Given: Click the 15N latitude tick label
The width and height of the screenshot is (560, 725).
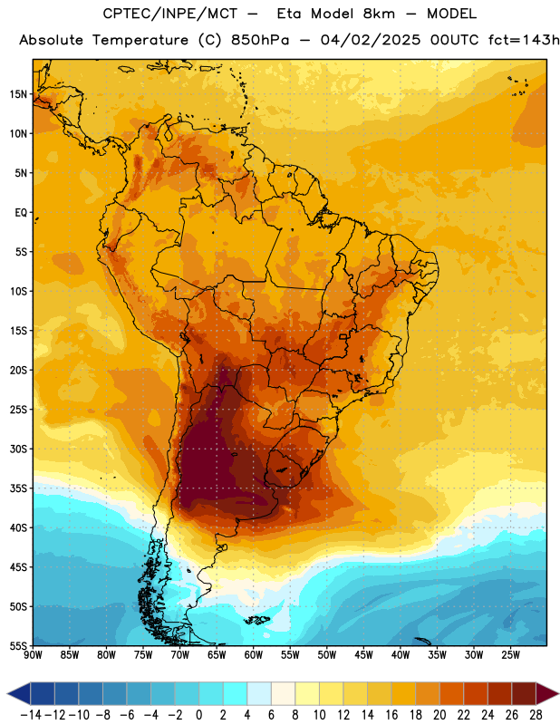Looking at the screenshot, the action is coord(18,94).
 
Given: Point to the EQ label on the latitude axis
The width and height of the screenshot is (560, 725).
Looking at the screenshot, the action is coord(21,213).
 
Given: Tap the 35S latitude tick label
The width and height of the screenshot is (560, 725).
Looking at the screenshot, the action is coord(18,488).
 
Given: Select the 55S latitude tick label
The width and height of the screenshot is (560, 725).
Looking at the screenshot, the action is coord(18,645).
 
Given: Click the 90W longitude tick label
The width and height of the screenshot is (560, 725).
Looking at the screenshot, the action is coord(33,654).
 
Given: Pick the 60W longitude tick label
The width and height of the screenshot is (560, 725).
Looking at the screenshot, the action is coord(254,654).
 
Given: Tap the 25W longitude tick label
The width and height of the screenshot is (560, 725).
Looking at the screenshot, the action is coord(510,654).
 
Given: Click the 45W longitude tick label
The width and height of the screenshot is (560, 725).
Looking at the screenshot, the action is coord(363,654).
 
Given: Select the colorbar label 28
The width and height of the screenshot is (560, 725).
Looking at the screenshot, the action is coord(536,715).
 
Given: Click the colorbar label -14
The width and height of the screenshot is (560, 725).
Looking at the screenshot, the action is coord(31,715).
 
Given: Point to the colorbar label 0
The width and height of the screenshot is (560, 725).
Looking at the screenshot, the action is coord(198,715).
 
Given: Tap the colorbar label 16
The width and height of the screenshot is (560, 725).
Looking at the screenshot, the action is coord(391,715).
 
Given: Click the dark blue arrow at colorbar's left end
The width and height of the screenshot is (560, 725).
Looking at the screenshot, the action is coord(19,694).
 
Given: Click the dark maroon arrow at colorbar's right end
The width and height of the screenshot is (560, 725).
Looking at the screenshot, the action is coord(547,694).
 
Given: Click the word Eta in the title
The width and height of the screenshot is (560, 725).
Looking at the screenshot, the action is coord(289,14).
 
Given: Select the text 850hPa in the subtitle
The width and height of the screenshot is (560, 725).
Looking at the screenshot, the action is coord(260,40).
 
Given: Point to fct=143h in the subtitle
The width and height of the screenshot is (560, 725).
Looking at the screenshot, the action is coord(524,40).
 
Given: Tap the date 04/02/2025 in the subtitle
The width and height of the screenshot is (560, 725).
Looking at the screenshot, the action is coord(371,40).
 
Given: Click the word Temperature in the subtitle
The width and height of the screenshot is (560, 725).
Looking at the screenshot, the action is coord(140,40).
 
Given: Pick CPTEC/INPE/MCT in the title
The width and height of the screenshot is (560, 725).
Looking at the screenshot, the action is coord(170,14).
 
